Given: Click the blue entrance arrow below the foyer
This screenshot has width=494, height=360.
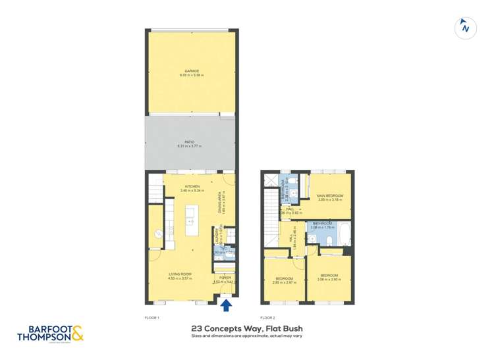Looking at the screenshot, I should tap(226, 305).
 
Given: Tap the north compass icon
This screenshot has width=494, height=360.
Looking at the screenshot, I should tap(466, 28).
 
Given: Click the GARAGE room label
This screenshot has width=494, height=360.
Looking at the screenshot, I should tap(192, 71).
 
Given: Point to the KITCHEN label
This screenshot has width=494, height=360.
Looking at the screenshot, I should tap(192, 186).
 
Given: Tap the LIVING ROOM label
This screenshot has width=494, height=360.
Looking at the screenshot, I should tap(179, 274).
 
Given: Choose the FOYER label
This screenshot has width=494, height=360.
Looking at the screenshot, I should tap(225, 278).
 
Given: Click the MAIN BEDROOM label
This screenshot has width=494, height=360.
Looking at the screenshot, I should tap(329, 195).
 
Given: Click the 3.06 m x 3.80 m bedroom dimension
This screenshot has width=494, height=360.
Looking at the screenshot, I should tap(329, 279).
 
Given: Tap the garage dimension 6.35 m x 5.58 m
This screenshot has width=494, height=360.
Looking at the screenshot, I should tap(192, 76).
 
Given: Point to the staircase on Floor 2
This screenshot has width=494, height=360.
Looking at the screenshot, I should tap(270, 207).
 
